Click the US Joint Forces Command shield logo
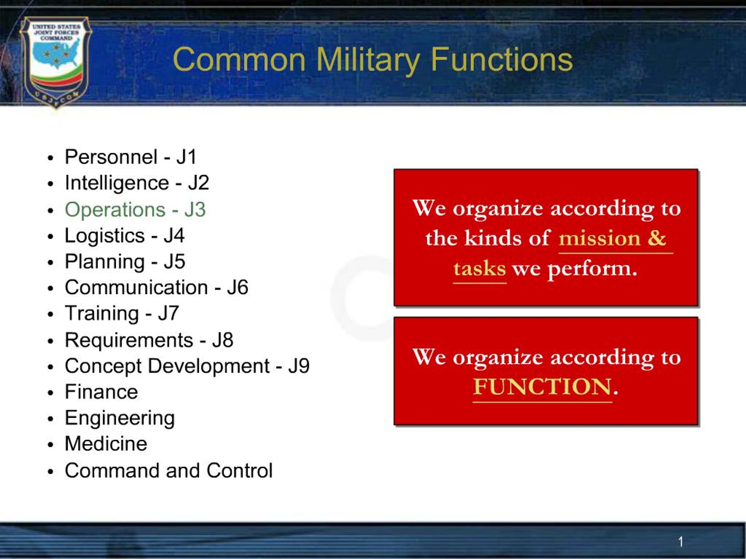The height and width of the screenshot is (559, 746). (x=56, y=62)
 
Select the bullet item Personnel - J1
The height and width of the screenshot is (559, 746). (x=131, y=157)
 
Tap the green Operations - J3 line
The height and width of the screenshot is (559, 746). (x=135, y=210)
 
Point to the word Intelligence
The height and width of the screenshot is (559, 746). (x=117, y=184)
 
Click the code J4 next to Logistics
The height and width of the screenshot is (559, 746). (x=174, y=236)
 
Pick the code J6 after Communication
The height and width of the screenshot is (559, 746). (x=238, y=287)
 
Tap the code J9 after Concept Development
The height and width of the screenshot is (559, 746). (x=299, y=366)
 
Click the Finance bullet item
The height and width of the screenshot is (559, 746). (x=101, y=392)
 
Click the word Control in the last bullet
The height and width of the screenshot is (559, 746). (x=240, y=470)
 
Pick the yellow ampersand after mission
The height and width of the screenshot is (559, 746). (x=657, y=238)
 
